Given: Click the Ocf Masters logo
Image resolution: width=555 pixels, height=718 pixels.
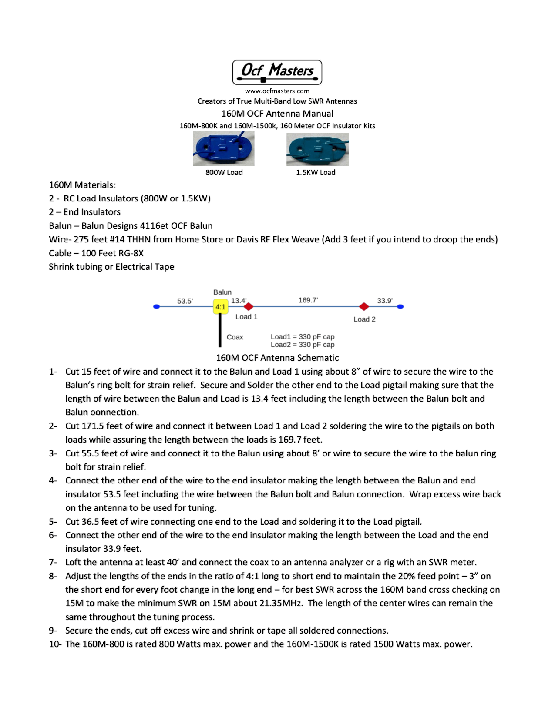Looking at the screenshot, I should click(277, 72).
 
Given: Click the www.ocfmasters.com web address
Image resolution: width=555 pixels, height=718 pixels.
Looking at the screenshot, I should click(277, 91).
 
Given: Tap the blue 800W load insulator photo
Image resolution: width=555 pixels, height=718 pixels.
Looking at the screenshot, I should click(224, 149).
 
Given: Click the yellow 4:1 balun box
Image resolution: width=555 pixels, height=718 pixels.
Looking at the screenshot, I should click(220, 307).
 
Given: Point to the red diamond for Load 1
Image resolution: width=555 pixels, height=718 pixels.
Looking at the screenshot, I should click(249, 307).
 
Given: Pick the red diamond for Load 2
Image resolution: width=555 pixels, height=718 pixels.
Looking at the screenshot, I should click(364, 307).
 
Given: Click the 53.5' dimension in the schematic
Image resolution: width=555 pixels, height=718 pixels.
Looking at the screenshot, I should click(185, 301).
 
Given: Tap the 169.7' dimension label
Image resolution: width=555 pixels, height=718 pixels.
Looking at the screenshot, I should click(308, 300).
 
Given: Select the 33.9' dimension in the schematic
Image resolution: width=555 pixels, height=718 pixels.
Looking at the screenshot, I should click(385, 301).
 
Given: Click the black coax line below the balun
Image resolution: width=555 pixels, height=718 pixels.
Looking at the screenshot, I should click(220, 331).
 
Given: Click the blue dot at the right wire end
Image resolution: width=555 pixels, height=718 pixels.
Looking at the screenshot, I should click(400, 307).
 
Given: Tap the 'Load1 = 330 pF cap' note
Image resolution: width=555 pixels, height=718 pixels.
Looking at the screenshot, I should click(303, 337).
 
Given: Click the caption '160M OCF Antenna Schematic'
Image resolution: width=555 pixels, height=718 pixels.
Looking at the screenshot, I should click(277, 358).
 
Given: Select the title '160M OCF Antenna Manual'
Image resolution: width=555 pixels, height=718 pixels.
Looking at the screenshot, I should click(277, 114).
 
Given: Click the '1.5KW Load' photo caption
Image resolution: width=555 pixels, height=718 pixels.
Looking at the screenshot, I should click(316, 172).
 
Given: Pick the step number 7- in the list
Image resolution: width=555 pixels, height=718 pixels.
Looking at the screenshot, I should click(53, 562).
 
